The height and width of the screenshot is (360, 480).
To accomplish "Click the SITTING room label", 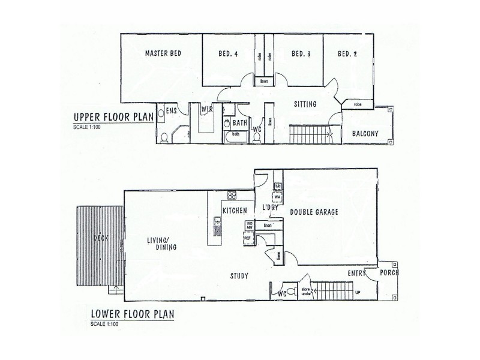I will (x=305, y=104).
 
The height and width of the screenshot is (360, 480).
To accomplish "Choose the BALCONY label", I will (x=365, y=134).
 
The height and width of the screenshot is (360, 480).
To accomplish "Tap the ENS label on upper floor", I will (x=171, y=110).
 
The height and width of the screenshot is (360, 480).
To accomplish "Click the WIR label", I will (x=207, y=109).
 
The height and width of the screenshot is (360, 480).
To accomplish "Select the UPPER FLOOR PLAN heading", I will (x=113, y=116).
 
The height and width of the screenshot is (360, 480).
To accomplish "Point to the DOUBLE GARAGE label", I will (x=315, y=212).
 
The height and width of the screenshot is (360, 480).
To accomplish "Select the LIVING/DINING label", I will (x=162, y=244).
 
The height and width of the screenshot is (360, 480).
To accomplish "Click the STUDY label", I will (x=239, y=275).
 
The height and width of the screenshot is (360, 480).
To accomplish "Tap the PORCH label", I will (x=389, y=272).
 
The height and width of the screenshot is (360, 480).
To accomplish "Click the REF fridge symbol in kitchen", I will (x=247, y=238).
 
